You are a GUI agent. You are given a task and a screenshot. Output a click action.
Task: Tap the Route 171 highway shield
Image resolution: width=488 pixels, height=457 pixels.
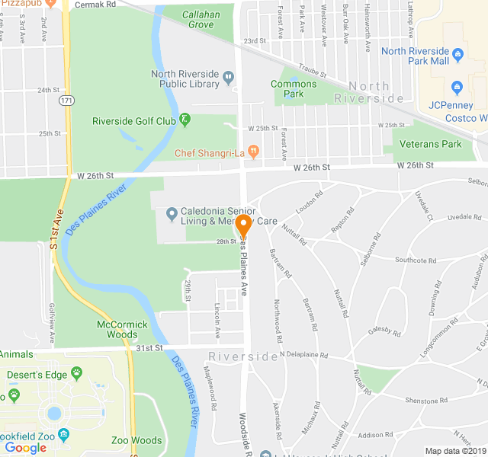(68, 101)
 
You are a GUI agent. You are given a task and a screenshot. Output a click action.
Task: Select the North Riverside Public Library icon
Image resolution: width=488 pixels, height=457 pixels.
(229, 75)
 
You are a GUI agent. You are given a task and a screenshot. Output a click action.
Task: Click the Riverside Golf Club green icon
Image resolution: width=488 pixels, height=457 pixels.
(185, 120)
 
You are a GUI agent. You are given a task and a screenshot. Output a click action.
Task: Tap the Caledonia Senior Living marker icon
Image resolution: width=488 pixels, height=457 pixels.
(172, 212)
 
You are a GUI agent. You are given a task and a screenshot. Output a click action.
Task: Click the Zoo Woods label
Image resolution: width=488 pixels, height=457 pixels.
(136, 440)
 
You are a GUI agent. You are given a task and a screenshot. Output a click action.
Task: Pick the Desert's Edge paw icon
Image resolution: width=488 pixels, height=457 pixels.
(76, 373)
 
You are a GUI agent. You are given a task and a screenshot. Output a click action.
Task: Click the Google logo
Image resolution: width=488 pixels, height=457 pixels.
(25, 448)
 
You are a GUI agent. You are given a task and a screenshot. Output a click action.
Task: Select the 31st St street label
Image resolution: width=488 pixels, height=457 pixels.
(150, 348)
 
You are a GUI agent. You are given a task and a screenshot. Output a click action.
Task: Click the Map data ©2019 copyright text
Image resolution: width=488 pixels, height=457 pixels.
(454, 451)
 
